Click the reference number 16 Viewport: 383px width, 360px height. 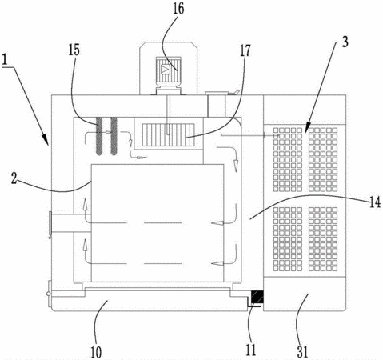pyautogui.click(x=178, y=9)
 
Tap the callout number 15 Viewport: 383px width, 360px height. pyautogui.click(x=74, y=50)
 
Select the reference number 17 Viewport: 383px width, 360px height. pyautogui.click(x=245, y=50)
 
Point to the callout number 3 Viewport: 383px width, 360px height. pyautogui.click(x=345, y=42)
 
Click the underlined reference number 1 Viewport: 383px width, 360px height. pyautogui.click(x=5, y=59)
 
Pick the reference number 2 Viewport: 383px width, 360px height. pyautogui.click(x=14, y=178)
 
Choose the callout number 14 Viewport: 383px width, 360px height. pyautogui.click(x=375, y=202)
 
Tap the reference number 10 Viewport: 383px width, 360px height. pyautogui.click(x=96, y=352)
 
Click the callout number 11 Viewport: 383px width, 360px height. pyautogui.click(x=250, y=350)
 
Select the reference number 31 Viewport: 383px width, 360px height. pyautogui.click(x=303, y=352)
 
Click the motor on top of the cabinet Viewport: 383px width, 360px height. pyautogui.click(x=168, y=71)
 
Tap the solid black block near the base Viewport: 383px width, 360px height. pyautogui.click(x=257, y=297)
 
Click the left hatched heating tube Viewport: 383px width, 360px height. pyautogui.click(x=99, y=136)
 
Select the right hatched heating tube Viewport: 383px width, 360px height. pyautogui.click(x=114, y=136)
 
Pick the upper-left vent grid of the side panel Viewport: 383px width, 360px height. pyautogui.click(x=288, y=159)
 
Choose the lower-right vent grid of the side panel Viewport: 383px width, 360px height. pyautogui.click(x=323, y=239)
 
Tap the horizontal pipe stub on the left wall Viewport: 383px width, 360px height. pyautogui.click(x=70, y=223)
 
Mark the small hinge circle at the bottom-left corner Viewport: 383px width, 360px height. pyautogui.click(x=48, y=294)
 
